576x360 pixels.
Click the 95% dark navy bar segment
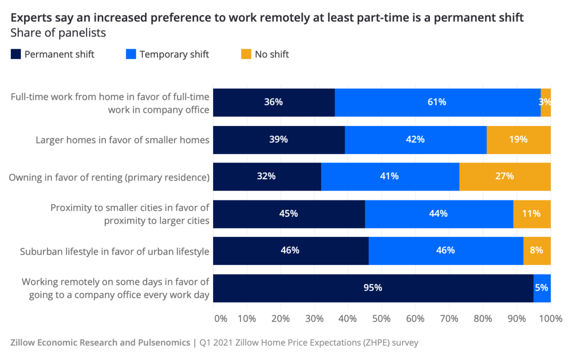pyautogui.click(x=373, y=288)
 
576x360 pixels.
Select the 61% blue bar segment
pyautogui.click(x=437, y=102)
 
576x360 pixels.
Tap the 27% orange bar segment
pyautogui.click(x=505, y=176)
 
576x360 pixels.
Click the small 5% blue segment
pyautogui.click(x=542, y=288)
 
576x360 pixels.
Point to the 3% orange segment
pyautogui.click(x=545, y=102)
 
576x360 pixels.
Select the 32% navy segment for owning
pyautogui.click(x=267, y=176)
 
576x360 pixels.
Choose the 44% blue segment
pyautogui.click(x=439, y=214)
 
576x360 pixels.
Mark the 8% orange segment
pyautogui.click(x=537, y=251)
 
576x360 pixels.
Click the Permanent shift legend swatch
pyautogui.click(x=16, y=54)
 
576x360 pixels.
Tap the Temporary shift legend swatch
pyautogui.click(x=130, y=54)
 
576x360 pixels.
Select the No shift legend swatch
pyautogui.click(x=246, y=54)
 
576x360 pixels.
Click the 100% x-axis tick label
pyautogui.click(x=550, y=318)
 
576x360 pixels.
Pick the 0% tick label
pyautogui.click(x=221, y=318)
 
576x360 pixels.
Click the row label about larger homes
pyautogui.click(x=123, y=140)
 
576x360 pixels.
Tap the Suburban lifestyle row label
pyautogui.click(x=115, y=251)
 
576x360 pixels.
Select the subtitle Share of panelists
pyautogui.click(x=58, y=33)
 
